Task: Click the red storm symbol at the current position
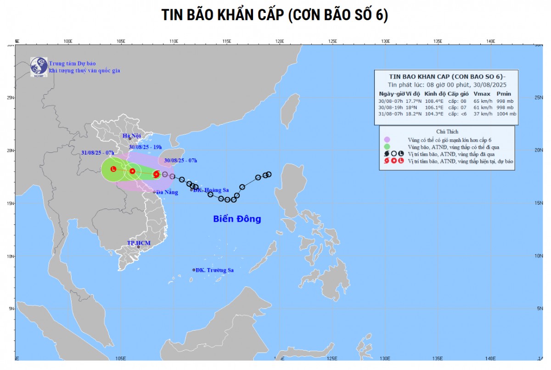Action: click(x=156, y=174)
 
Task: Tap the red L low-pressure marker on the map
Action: click(x=113, y=169)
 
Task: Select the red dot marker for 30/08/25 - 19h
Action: click(x=132, y=171)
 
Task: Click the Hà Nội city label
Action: click(x=131, y=136)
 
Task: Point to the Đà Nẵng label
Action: click(x=167, y=192)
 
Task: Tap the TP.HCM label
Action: click(x=139, y=243)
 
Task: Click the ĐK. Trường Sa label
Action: click(x=214, y=270)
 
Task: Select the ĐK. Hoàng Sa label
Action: click(x=211, y=190)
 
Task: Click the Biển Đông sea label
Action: click(x=237, y=219)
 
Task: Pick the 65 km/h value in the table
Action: click(x=479, y=100)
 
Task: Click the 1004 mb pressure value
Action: click(x=506, y=114)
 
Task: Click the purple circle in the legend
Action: click(x=387, y=140)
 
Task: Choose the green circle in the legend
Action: click(x=387, y=146)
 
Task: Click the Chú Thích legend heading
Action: click(x=447, y=131)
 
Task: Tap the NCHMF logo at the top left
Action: click(x=39, y=67)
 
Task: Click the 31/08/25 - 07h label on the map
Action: click(x=98, y=152)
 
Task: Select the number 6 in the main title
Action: click(x=384, y=15)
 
